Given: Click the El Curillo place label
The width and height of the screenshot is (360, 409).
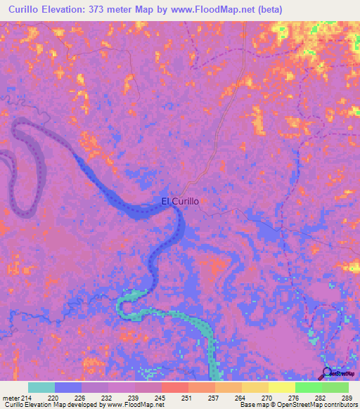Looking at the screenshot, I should point(180,202).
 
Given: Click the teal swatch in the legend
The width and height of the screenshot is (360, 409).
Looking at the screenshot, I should point(41,387).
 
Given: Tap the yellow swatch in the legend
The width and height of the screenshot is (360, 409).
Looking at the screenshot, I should point(282,387).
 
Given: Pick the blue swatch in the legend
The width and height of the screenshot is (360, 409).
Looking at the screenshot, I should point(68,387).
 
